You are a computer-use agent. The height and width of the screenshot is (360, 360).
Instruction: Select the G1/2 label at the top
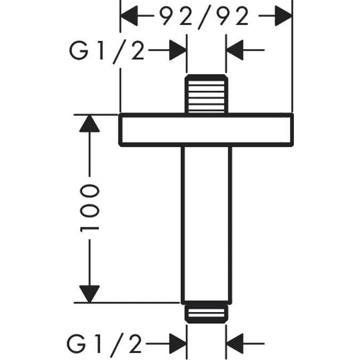(106, 51)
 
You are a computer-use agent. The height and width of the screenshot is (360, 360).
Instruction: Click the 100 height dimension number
(90, 208)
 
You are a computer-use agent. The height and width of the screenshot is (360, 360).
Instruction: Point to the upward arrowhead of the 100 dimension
(89, 124)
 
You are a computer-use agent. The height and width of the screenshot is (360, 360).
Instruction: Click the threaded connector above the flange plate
(207, 94)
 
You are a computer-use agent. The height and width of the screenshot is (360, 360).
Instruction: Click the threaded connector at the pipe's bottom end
(207, 313)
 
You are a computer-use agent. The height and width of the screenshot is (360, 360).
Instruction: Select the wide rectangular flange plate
(206, 129)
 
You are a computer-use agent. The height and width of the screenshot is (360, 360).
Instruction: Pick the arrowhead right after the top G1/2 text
(178, 51)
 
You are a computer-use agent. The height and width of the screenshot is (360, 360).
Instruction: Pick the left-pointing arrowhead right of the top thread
(236, 51)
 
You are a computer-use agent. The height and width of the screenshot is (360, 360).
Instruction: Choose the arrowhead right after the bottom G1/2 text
(178, 343)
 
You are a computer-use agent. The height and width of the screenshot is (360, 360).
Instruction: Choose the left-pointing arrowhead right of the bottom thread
(236, 343)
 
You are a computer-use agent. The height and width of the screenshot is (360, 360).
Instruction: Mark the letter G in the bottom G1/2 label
(78, 343)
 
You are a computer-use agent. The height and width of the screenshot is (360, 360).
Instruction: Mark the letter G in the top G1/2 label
(78, 51)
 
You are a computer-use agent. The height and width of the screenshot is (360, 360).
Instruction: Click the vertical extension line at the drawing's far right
(292, 59)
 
